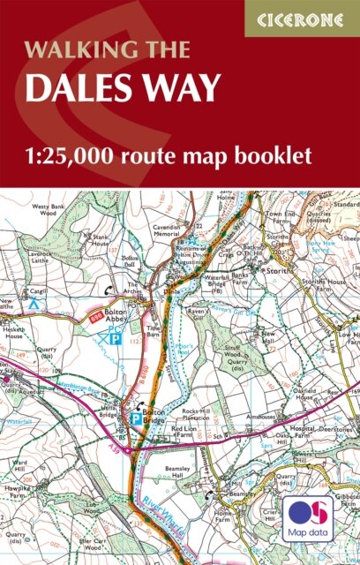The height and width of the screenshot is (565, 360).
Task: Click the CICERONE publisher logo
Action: click(301, 18)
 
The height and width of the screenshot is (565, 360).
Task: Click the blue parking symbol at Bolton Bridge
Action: click(135, 419)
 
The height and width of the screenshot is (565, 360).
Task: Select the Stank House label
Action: click(99, 241)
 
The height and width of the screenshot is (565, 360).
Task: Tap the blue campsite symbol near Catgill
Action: click(34, 303)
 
